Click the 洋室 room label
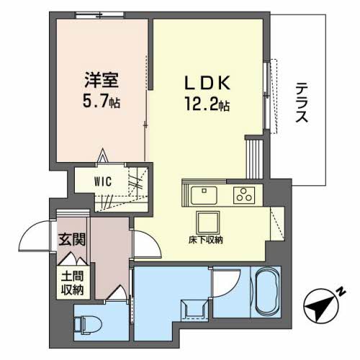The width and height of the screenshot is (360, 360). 102,80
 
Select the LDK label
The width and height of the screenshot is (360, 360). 207,82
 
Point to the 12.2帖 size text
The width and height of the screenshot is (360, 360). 207,104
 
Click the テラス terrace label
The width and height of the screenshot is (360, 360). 302,102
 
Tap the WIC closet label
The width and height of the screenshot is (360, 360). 103,181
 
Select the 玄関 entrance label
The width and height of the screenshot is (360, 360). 72,239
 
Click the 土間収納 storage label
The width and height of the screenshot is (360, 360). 72,284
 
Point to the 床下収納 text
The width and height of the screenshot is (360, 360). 206,240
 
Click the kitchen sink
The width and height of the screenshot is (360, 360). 204,195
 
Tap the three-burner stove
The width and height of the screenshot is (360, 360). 244,195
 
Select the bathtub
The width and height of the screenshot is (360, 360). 268,292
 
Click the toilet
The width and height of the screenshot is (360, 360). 88,324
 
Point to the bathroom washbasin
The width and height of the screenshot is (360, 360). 194,310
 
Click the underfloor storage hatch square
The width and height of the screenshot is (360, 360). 208,222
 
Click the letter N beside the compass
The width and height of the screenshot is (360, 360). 341,292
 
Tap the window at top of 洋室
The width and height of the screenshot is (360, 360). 100,15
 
